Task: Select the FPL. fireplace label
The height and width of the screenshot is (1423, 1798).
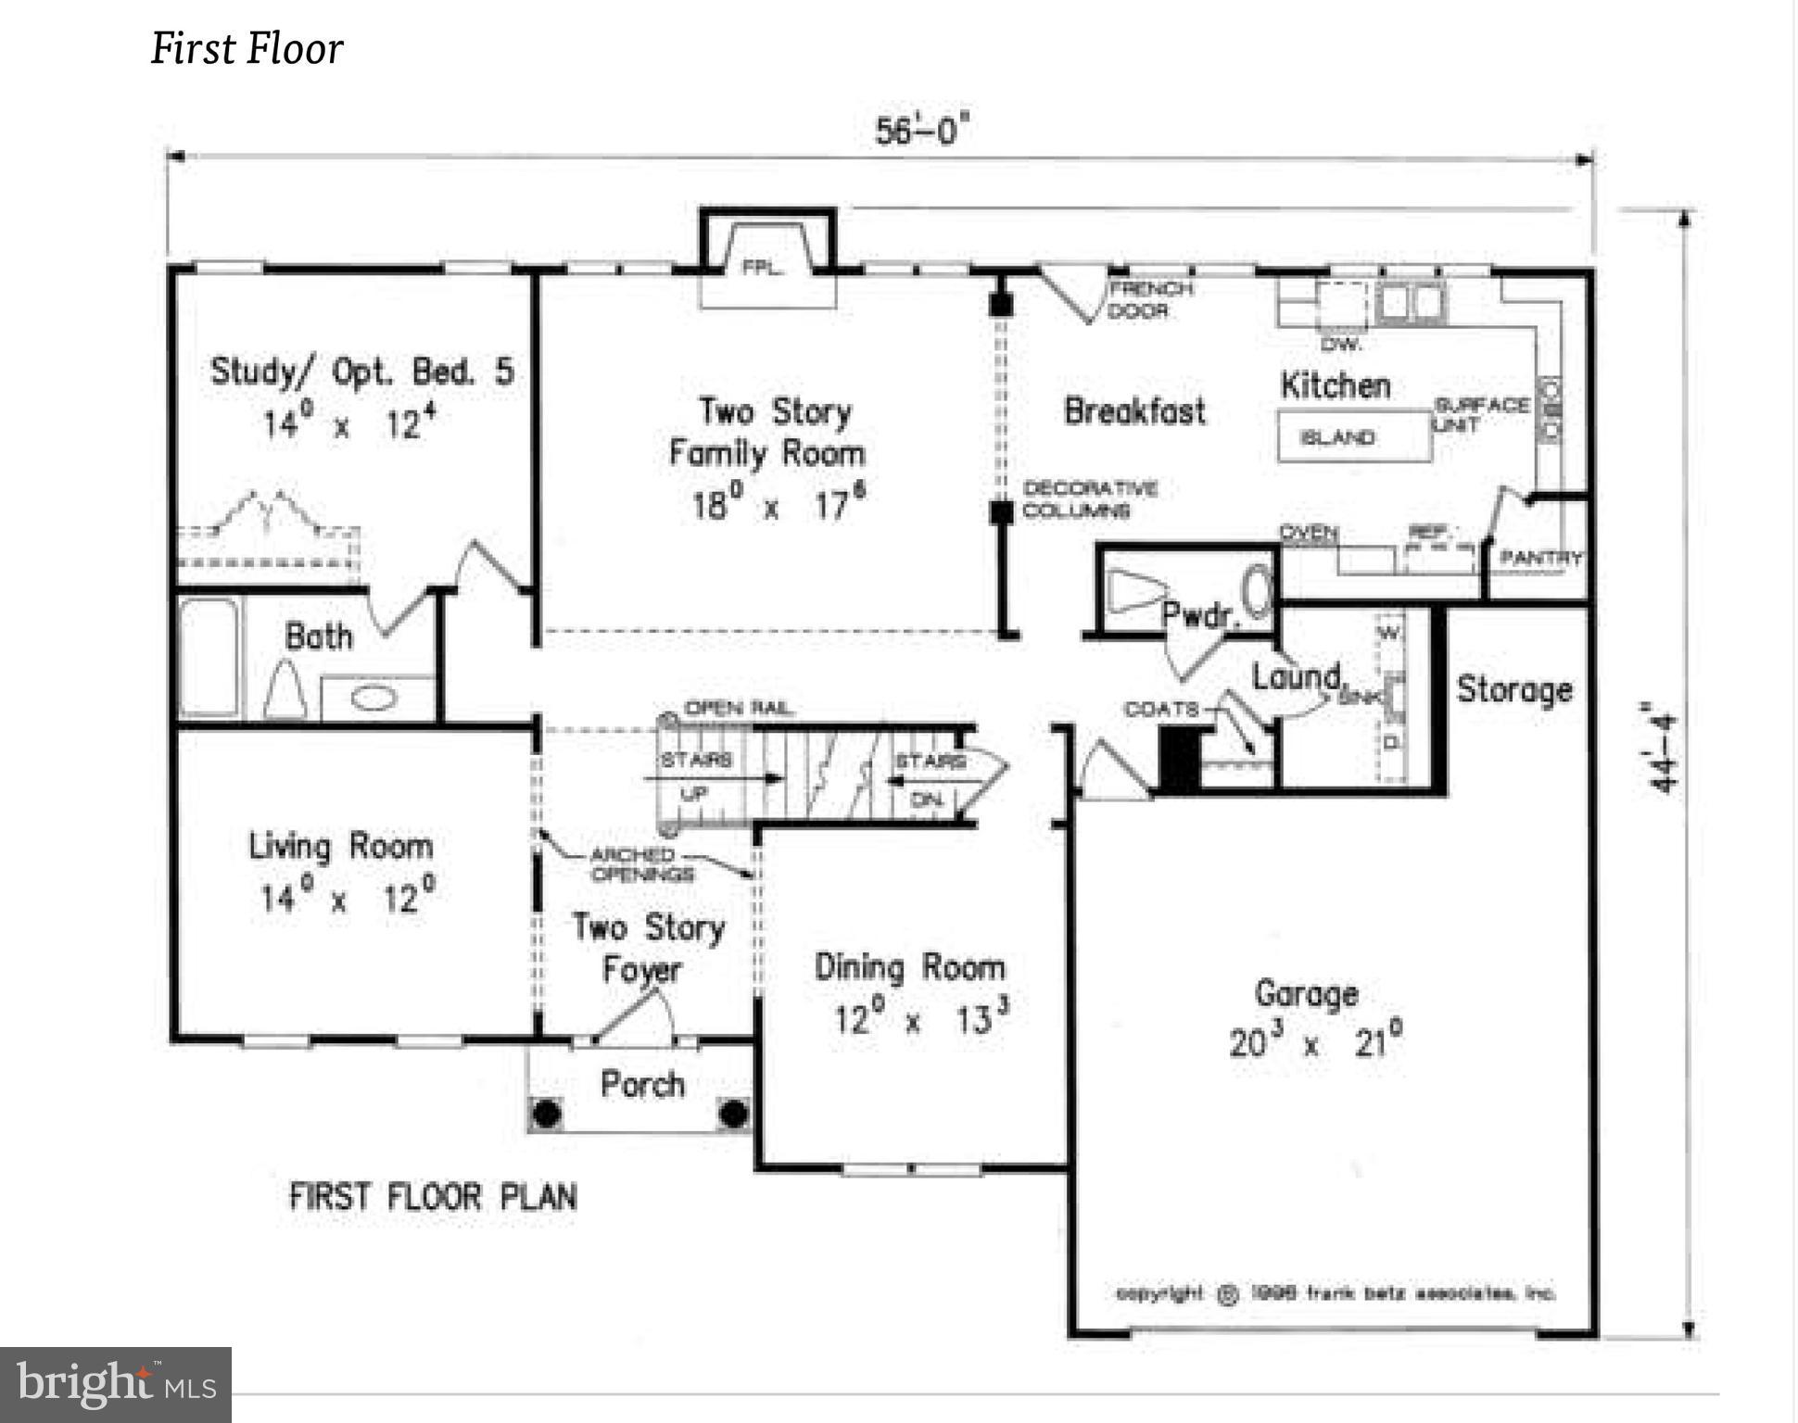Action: (x=763, y=269)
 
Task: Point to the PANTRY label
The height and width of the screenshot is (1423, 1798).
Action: (x=1541, y=558)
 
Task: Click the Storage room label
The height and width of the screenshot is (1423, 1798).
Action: (x=1514, y=689)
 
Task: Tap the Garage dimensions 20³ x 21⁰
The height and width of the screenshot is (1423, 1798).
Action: (x=1314, y=1042)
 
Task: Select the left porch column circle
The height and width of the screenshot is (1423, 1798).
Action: (x=547, y=1113)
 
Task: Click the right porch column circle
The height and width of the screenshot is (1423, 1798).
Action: (x=733, y=1113)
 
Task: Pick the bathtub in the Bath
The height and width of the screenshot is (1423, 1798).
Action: (x=209, y=656)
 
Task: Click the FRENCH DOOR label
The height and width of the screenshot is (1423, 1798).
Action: (x=1149, y=299)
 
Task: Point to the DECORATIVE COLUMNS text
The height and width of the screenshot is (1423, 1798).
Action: (x=1089, y=499)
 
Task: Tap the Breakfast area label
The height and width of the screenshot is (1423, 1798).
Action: (x=1134, y=410)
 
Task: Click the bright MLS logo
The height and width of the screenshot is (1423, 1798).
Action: (x=116, y=1384)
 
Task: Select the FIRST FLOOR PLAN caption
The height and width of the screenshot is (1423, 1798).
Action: (x=433, y=1196)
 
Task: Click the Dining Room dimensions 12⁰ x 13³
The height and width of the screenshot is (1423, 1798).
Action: (x=920, y=1019)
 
